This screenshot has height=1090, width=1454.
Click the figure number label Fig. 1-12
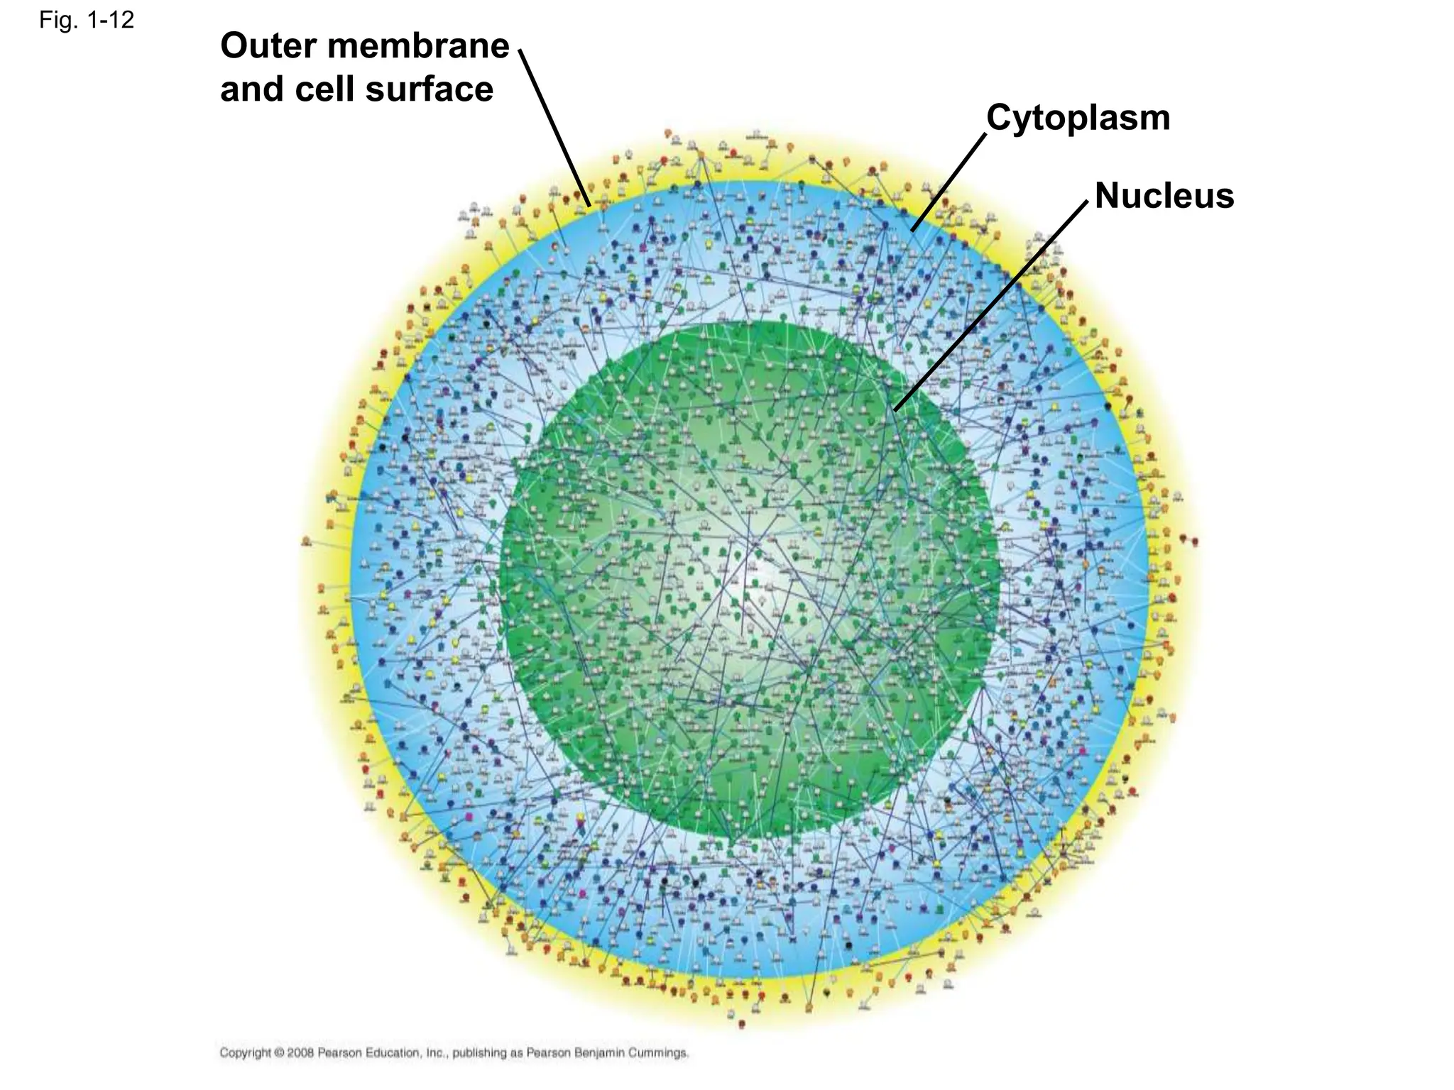point(86,21)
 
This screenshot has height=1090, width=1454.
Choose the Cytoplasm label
point(1078,118)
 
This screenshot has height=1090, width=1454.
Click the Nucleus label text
point(1164,196)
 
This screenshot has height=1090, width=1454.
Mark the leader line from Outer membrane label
point(554,128)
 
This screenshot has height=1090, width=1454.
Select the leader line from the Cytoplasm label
point(949,182)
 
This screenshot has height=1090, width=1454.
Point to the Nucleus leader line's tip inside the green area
point(896,409)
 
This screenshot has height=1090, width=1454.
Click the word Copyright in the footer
point(246,1052)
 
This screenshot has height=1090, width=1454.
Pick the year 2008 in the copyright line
point(301,1052)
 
